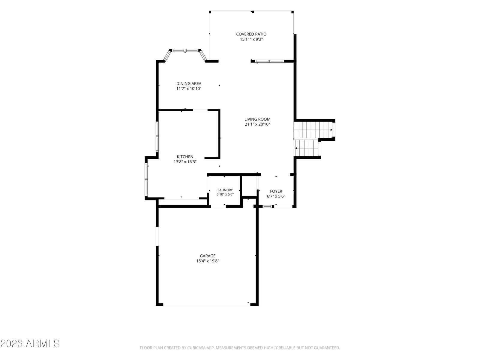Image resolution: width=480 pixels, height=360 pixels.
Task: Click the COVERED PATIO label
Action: click(251, 34)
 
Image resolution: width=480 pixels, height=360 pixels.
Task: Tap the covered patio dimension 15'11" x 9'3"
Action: click(251, 39)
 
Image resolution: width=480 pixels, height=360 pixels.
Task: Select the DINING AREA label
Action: click(189, 83)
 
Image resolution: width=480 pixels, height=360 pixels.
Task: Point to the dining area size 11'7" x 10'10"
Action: click(189, 89)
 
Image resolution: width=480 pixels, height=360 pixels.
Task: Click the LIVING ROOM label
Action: click(257, 119)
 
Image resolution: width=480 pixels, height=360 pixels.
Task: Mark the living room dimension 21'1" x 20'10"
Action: click(257, 124)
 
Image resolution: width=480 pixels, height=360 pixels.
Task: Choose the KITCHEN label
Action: click(185, 157)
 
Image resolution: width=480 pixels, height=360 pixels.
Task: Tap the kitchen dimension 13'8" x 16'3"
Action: click(185, 162)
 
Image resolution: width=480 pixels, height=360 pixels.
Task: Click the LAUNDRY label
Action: click(225, 190)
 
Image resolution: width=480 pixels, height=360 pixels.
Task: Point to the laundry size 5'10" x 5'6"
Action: click(225, 194)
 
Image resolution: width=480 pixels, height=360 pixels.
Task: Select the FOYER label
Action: click(276, 191)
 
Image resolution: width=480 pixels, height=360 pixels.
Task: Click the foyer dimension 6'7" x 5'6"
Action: click(276, 196)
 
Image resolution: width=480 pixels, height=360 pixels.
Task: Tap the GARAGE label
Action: click(208, 256)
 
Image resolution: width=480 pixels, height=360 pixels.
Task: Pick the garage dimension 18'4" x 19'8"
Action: click(208, 261)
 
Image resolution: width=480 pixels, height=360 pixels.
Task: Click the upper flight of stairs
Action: click(313, 130)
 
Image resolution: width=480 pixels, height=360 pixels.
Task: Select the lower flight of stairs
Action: click(307, 148)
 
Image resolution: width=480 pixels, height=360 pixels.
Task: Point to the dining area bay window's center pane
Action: click(185, 50)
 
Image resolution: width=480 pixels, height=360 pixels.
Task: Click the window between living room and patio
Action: click(270, 61)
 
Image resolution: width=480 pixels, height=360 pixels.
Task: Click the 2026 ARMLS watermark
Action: click(30, 343)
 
